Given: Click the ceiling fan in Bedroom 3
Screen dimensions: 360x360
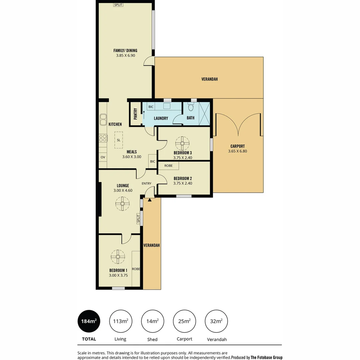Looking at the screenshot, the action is coord(182,143).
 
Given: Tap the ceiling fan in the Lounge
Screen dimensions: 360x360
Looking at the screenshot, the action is coord(122,204).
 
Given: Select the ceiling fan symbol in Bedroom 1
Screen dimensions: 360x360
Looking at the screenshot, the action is coord(118,257).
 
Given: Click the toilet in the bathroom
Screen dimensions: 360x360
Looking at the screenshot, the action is coord(191,107).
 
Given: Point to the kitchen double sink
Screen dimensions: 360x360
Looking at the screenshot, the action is coord(103,120).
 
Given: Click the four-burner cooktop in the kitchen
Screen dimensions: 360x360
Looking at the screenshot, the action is coord(103,138).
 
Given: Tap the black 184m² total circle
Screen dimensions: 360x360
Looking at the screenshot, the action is coord(89,321).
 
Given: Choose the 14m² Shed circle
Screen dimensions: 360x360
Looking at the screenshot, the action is coord(152,321).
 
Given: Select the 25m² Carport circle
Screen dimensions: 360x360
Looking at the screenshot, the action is coord(184,321).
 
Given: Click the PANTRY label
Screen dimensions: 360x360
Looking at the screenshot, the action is coord(135,114).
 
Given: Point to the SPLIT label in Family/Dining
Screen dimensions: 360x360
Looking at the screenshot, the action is coord(118,5).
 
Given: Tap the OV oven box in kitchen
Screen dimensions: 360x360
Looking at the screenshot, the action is coord(103,157).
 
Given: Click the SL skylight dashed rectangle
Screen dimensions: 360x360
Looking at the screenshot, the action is coord(119,140).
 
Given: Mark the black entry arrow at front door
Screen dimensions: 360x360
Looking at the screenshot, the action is coord(150,200).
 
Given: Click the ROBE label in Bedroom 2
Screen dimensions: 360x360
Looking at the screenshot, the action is coord(168,166).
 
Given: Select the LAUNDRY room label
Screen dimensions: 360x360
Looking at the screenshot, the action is coord(161,118).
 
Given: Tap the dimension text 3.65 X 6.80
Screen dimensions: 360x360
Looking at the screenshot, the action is coord(237,151).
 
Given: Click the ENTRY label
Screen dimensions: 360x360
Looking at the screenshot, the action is coord(146,183).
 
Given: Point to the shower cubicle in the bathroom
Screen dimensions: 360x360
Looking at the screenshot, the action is coord(204,114).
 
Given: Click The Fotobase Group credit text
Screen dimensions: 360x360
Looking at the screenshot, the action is coord(267,357).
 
